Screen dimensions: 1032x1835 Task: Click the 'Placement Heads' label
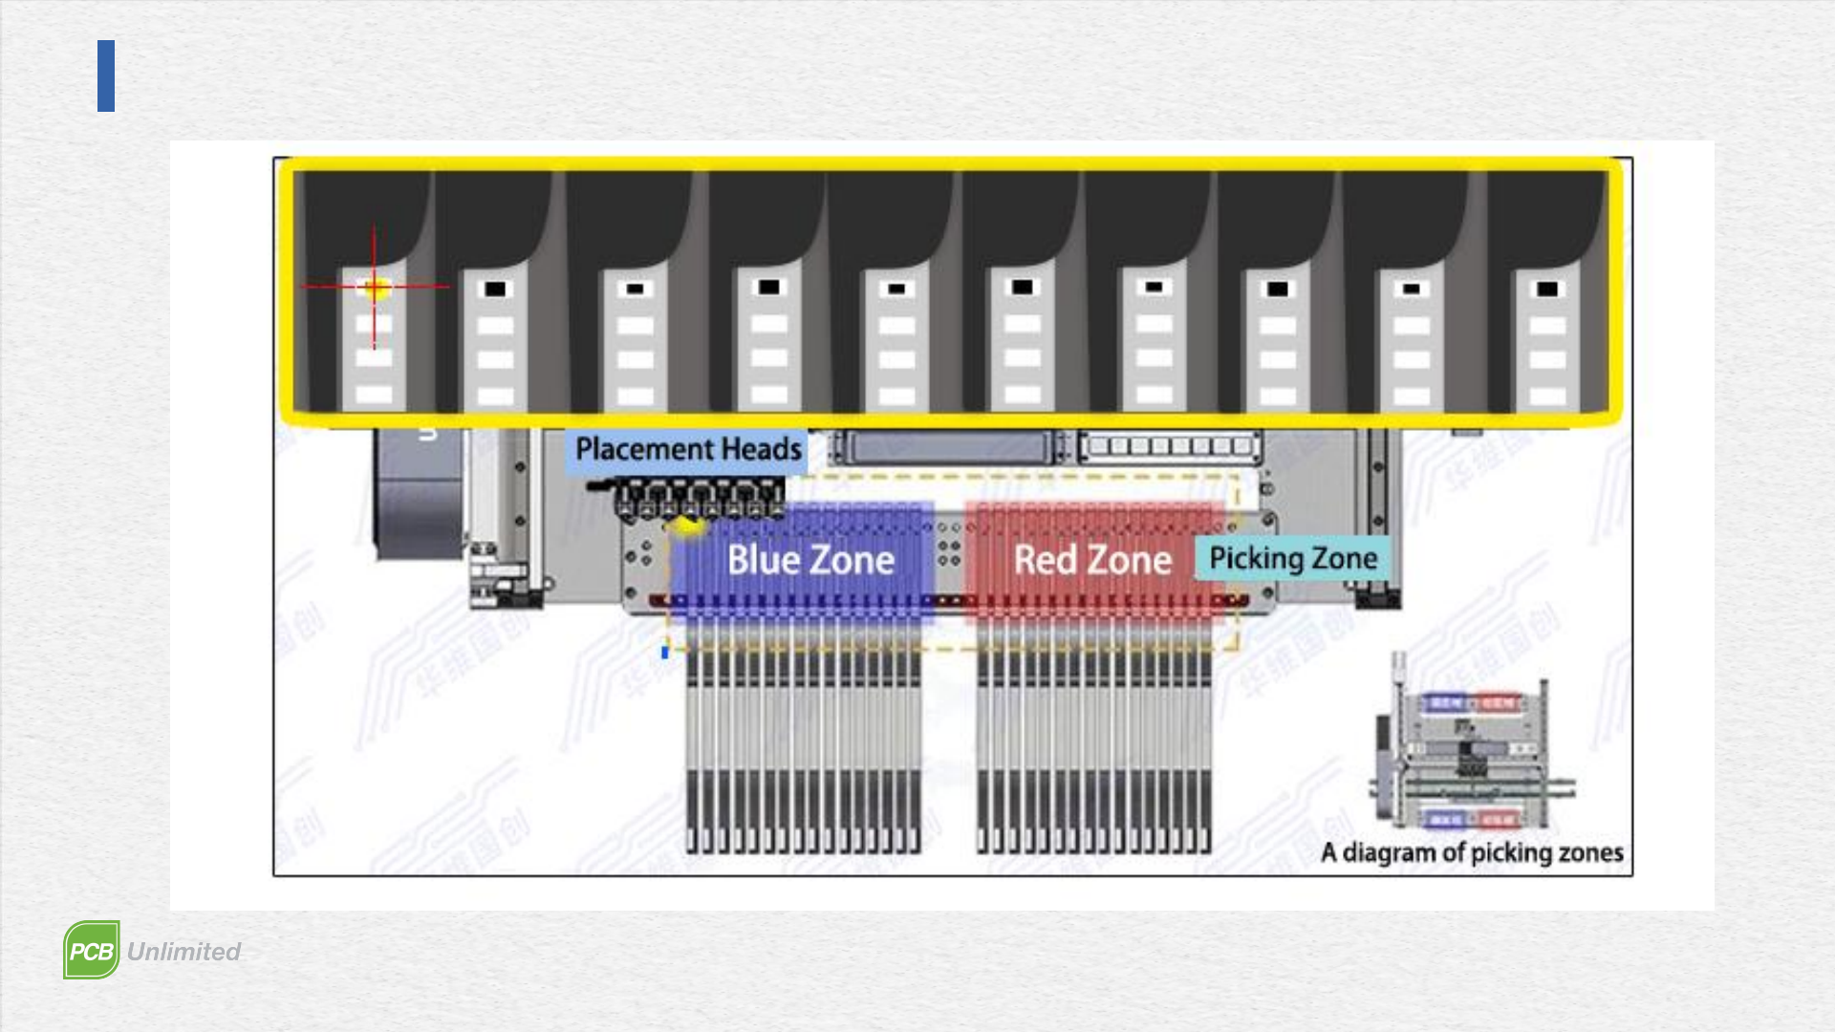point(688,449)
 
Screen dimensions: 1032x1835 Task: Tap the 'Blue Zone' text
point(810,560)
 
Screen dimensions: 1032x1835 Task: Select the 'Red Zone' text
point(1092,560)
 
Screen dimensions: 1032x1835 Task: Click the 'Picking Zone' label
point(1293,558)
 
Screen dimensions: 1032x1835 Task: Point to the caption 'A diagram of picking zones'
point(1472,852)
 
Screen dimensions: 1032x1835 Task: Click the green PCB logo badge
point(92,950)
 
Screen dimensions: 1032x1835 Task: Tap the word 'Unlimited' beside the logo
point(183,952)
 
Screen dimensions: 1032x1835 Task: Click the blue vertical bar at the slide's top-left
point(106,75)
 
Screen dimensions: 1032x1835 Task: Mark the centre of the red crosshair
point(374,286)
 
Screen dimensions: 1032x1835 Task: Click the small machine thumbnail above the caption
point(1472,745)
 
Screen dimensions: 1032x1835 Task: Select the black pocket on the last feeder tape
point(1547,289)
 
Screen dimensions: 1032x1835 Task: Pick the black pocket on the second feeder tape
point(495,289)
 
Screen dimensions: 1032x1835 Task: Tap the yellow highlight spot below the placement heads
point(686,524)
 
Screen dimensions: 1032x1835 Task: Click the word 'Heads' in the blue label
point(761,449)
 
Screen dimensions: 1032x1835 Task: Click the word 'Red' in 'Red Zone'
point(1046,560)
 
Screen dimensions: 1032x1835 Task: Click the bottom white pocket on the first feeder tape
point(374,395)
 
